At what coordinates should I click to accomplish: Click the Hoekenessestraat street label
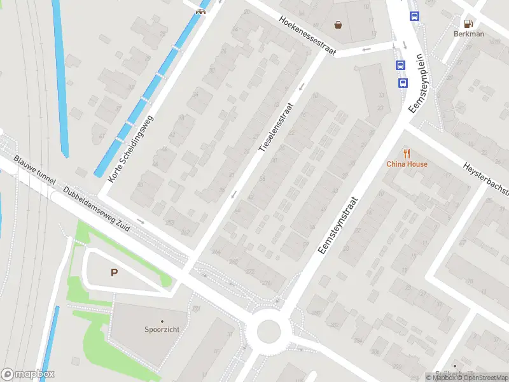pos(307,35)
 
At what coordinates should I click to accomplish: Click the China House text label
pos(407,164)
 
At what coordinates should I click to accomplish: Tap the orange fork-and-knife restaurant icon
pos(407,153)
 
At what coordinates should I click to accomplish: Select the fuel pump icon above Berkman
pos(469,22)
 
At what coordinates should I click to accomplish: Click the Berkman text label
pos(469,34)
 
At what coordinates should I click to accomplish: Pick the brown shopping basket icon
pos(338,25)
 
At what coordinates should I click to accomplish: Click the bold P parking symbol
pos(115,273)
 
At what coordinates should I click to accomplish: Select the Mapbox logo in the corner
pos(28,374)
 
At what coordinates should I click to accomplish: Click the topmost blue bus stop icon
pos(415,17)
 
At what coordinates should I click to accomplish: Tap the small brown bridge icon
pos(200,11)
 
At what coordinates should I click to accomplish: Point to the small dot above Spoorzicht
pos(162,321)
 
